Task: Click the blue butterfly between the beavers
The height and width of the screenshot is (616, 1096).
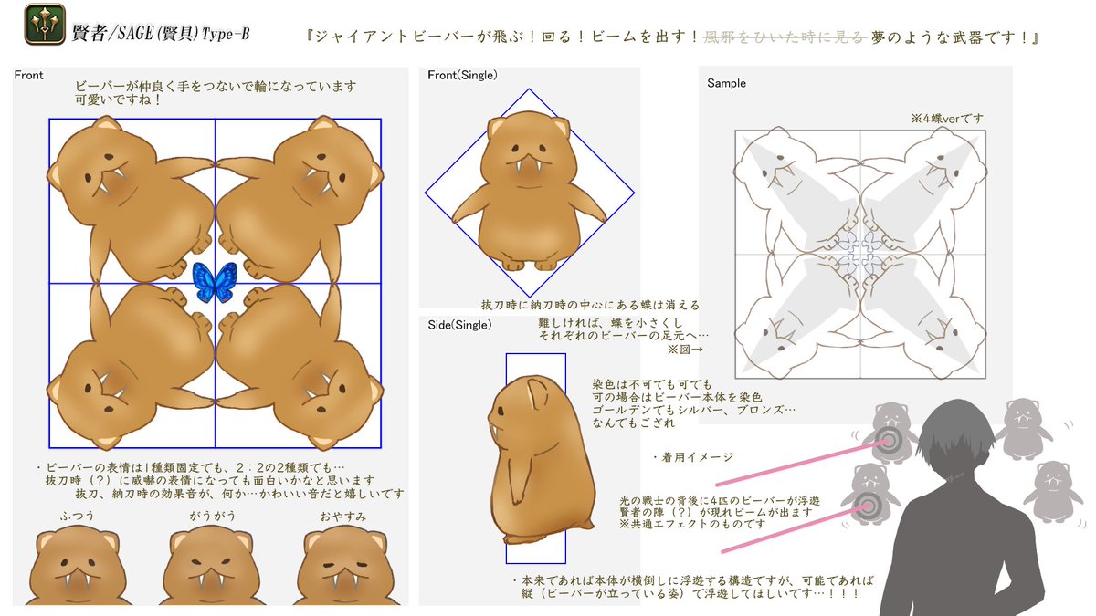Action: pos(215,282)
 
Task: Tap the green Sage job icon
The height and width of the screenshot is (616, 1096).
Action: pos(45,24)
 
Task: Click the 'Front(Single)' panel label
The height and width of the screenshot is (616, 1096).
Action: pos(462,75)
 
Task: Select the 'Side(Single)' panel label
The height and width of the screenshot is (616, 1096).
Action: pos(459,325)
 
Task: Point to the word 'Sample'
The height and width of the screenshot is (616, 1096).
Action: pos(726,84)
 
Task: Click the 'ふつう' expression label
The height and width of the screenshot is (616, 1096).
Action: pos(77,516)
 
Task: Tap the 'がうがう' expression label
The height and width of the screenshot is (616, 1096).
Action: pos(213,516)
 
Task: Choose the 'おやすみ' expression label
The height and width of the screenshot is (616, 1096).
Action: pos(343,517)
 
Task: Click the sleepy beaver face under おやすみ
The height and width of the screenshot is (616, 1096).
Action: pos(345,567)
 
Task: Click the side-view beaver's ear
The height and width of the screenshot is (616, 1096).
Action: pos(538,392)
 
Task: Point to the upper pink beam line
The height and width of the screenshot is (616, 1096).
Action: pos(801,463)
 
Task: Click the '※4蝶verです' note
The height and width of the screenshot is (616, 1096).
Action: pos(947,119)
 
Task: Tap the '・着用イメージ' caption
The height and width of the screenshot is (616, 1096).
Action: pos(692,457)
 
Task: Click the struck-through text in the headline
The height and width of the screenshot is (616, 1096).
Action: pos(785,37)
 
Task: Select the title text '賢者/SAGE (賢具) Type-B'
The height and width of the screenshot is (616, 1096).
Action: pos(161,33)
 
